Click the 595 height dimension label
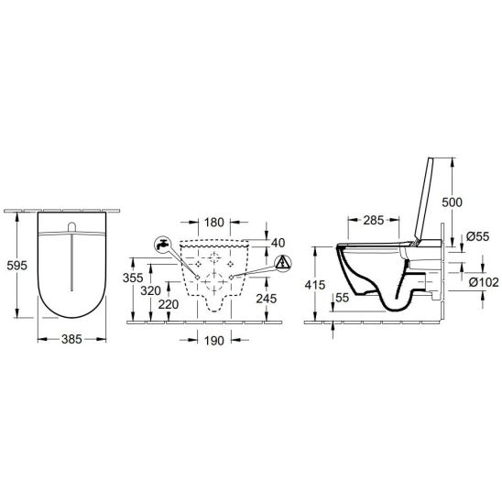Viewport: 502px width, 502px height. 17,266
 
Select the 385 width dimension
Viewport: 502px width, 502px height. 71,339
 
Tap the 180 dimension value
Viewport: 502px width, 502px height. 214,223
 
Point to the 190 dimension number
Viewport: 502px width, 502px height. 214,341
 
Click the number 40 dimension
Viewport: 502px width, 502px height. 278,243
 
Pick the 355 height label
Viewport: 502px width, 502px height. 133,278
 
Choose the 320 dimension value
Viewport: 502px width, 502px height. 150,290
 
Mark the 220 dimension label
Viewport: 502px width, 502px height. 169,304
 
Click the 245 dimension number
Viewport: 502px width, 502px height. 267,299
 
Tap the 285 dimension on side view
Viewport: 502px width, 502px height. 374,220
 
